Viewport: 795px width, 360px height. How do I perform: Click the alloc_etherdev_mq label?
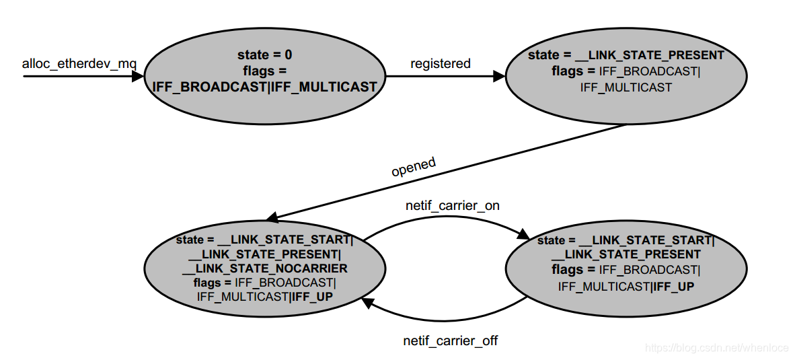click(79, 64)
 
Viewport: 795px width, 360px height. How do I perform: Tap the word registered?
click(440, 63)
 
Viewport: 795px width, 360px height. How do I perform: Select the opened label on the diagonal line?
click(413, 166)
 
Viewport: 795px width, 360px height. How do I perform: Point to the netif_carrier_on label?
click(452, 205)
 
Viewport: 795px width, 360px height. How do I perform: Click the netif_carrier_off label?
click(450, 340)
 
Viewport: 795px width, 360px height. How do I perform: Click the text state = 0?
click(264, 55)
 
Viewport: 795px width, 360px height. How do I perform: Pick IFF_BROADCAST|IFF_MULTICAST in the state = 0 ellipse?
click(264, 87)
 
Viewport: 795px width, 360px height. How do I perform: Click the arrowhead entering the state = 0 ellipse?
click(138, 77)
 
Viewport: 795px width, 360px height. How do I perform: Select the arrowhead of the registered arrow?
click(499, 77)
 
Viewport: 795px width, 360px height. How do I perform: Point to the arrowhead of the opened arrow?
click(273, 217)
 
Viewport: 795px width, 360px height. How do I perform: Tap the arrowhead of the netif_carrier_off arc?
click(368, 303)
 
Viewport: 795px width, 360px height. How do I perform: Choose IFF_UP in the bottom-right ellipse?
click(674, 287)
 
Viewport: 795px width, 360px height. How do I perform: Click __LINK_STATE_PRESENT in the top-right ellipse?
click(653, 55)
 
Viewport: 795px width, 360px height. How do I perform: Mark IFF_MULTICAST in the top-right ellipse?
click(626, 87)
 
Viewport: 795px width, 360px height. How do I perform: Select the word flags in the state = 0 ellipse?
click(257, 71)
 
